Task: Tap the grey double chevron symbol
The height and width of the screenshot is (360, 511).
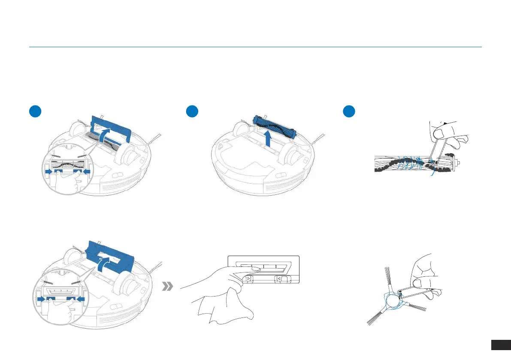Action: coord(167,287)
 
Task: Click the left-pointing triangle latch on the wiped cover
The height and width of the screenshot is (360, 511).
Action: coord(279,279)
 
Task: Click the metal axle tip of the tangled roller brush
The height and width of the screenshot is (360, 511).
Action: coord(459,163)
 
